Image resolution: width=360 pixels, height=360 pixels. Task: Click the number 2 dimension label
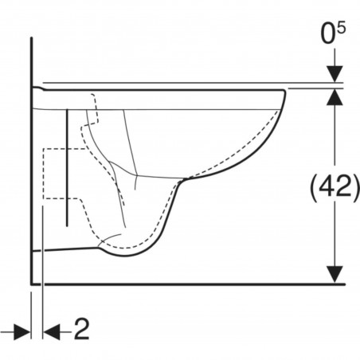click(x=81, y=329)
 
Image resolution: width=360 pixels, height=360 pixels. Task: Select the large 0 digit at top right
click(x=329, y=35)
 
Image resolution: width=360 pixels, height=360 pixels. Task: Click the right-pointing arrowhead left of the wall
click(x=22, y=330)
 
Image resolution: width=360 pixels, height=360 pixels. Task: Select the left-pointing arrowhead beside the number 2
click(x=51, y=330)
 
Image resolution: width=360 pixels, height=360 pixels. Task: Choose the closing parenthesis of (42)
click(x=356, y=188)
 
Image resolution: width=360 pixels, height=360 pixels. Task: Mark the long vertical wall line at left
click(x=31, y=159)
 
